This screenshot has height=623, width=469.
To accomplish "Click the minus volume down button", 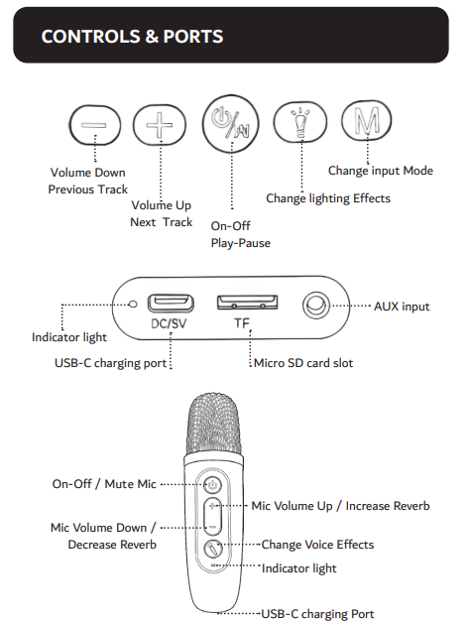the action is pos(94,125).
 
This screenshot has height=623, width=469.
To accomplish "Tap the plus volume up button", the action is pos(160,125).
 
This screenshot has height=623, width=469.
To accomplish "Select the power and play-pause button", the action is pos(230,124).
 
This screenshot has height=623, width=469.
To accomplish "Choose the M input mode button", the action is pos(367,120).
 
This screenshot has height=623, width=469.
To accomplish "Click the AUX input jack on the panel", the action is pos(315,306).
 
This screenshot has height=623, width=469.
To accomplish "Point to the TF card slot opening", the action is pos(247,303).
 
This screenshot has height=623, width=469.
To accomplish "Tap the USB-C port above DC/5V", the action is pos(171,304).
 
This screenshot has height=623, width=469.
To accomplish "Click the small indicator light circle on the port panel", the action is pos(134,304).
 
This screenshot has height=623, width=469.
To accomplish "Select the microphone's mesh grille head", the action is pos(214,425).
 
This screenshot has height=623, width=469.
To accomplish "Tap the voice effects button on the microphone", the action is pos(213,550).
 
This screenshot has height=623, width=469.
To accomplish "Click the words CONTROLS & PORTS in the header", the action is pos(132,37).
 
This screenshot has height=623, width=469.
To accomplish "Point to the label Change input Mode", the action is pos(381,171).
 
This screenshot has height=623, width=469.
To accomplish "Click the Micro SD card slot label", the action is pos(303,363).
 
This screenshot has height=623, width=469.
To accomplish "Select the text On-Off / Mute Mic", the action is pos(104,484).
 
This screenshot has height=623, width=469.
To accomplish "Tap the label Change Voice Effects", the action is pos(317,545).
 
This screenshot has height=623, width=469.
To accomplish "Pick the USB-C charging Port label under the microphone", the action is pos(317,614).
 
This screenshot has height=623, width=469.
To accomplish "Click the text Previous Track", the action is pos(88,189).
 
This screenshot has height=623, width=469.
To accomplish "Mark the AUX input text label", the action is pos(402,307).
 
